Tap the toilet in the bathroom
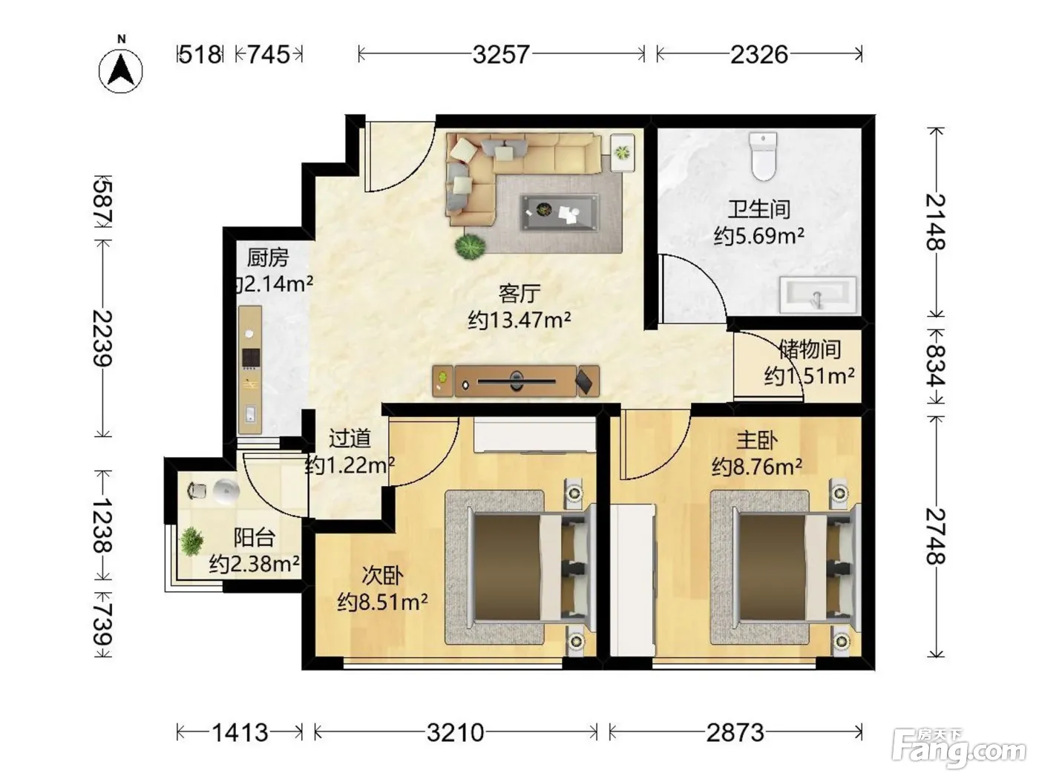763,156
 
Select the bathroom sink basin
818,295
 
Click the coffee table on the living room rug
560,212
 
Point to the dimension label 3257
501,54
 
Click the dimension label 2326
758,54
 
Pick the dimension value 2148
935,222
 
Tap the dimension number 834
935,366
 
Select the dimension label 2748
935,536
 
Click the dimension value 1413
240,733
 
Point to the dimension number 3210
456,733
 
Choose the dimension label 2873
735,733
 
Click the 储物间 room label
810,349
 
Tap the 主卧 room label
757,441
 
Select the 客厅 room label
519,294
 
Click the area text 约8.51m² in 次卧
382,602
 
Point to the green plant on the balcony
191,541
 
